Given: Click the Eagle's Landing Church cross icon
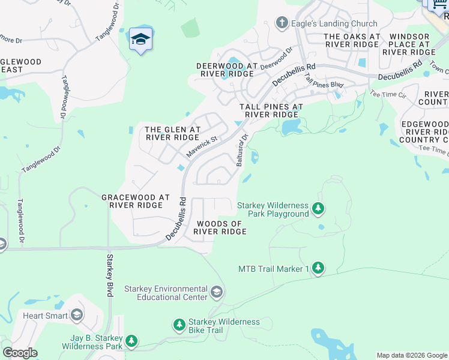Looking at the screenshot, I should [280, 23].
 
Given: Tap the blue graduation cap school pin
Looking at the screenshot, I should [140, 40].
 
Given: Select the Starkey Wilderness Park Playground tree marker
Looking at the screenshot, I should [318, 209].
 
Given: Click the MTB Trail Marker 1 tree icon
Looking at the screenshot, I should [318, 268].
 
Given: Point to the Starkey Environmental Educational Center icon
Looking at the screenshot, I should [217, 292].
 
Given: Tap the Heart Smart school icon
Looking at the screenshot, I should [77, 315].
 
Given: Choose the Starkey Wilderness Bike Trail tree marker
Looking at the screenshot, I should [179, 326].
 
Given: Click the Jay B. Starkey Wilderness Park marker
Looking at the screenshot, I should [131, 342].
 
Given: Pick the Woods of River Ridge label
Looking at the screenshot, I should [220, 227].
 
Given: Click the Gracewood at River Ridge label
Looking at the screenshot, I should [136, 201].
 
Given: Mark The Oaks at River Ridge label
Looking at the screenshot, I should [351, 40].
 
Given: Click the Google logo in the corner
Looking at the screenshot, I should [20, 353].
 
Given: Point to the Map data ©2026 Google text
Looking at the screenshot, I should [411, 355].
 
